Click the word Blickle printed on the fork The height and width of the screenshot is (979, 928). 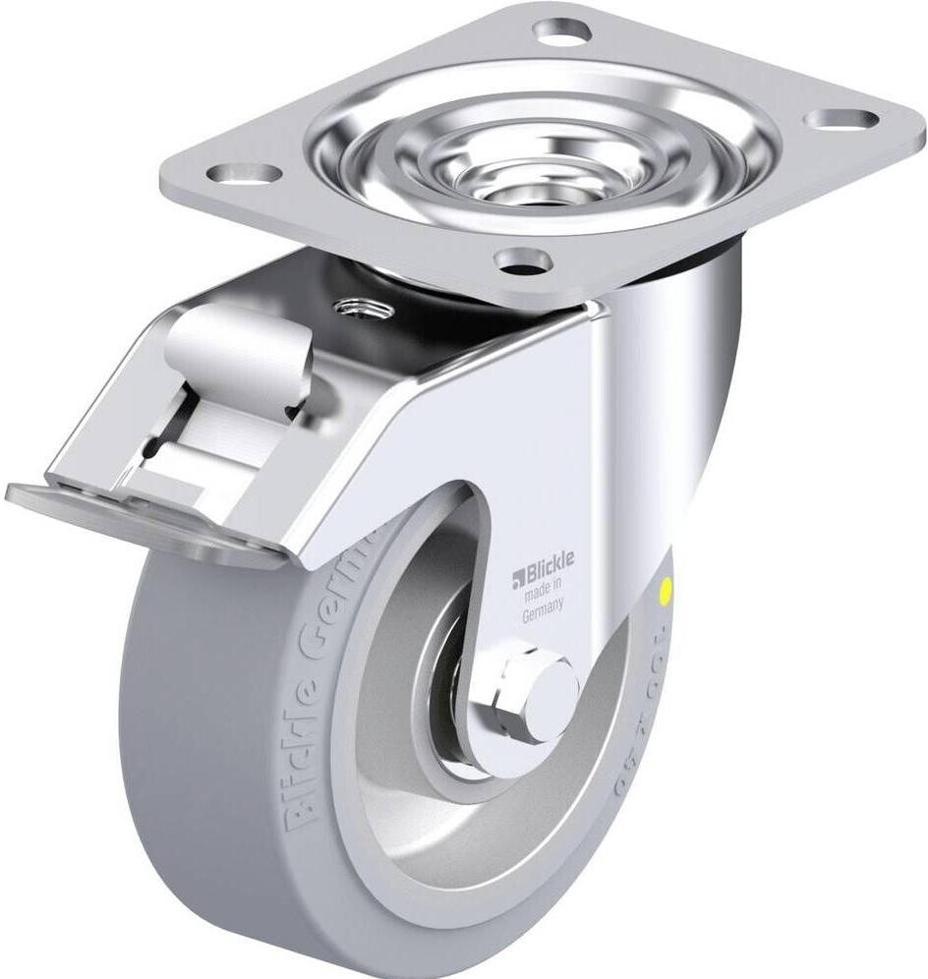(551, 562)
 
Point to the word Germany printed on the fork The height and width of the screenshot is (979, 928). (543, 606)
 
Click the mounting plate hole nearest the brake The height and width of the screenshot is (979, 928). (244, 174)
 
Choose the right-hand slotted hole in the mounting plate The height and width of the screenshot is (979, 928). (841, 119)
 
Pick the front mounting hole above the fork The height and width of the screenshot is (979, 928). (522, 260)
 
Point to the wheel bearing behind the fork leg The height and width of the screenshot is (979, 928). (454, 678)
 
